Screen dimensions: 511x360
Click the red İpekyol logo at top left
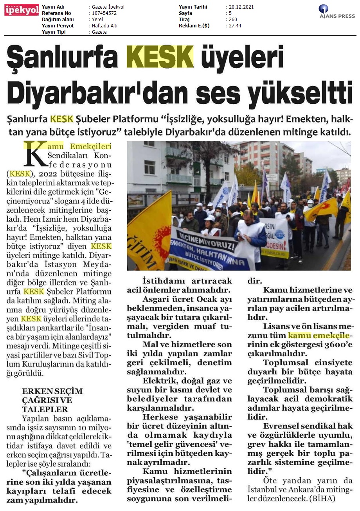22,10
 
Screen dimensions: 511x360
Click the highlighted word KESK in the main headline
160,57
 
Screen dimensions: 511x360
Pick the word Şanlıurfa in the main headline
63,57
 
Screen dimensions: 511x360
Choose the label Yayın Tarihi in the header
193,7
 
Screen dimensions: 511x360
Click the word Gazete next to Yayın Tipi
99,32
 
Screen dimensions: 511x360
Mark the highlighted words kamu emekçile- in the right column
318,336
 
